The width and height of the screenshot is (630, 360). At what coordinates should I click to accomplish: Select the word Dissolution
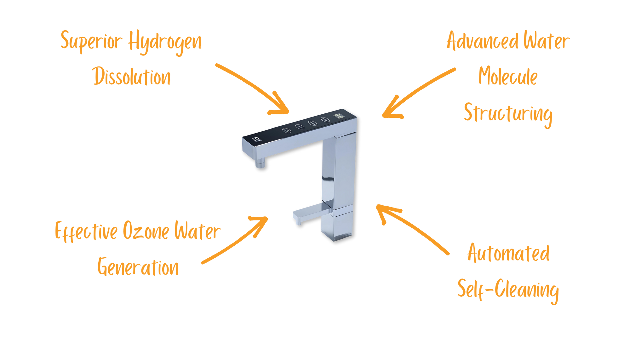click(x=132, y=77)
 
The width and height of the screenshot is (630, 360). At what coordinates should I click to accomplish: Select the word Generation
click(x=138, y=267)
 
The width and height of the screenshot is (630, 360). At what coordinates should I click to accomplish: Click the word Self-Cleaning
click(x=508, y=290)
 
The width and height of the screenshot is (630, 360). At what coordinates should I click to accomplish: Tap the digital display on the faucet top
click(x=339, y=116)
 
